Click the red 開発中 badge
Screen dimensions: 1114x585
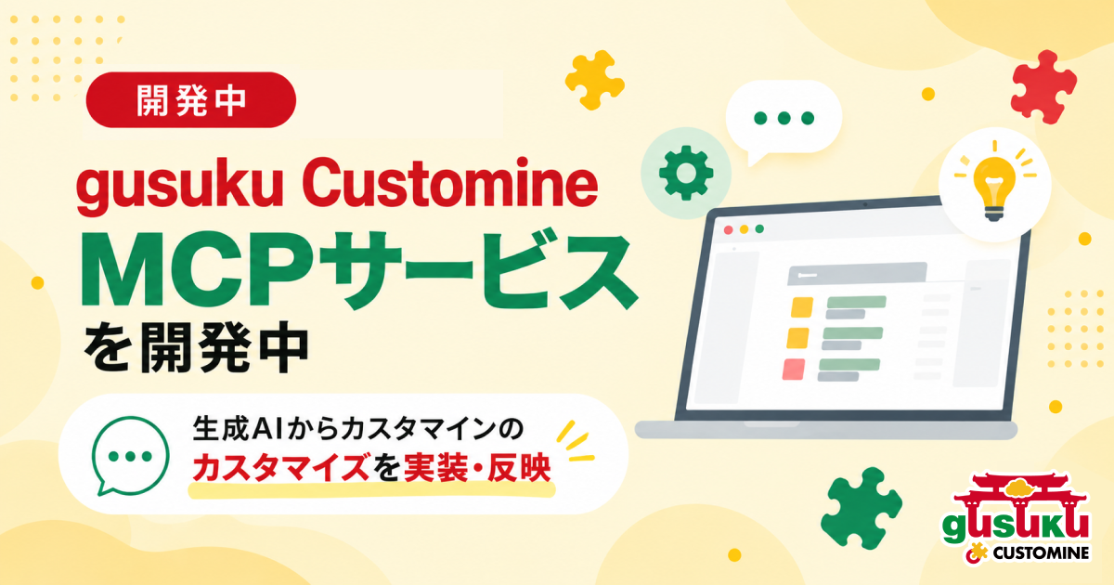coord(191,100)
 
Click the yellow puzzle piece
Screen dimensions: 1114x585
coord(594,79)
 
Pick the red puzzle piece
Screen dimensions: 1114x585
coord(1043,86)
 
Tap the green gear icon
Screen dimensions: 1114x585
coord(686,173)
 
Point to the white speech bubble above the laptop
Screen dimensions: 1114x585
coord(784,120)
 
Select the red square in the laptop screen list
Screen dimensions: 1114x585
coord(794,370)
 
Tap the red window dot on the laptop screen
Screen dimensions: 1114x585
coord(728,230)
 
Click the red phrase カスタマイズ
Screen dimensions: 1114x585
coord(281,468)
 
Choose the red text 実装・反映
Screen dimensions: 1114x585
coord(477,468)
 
